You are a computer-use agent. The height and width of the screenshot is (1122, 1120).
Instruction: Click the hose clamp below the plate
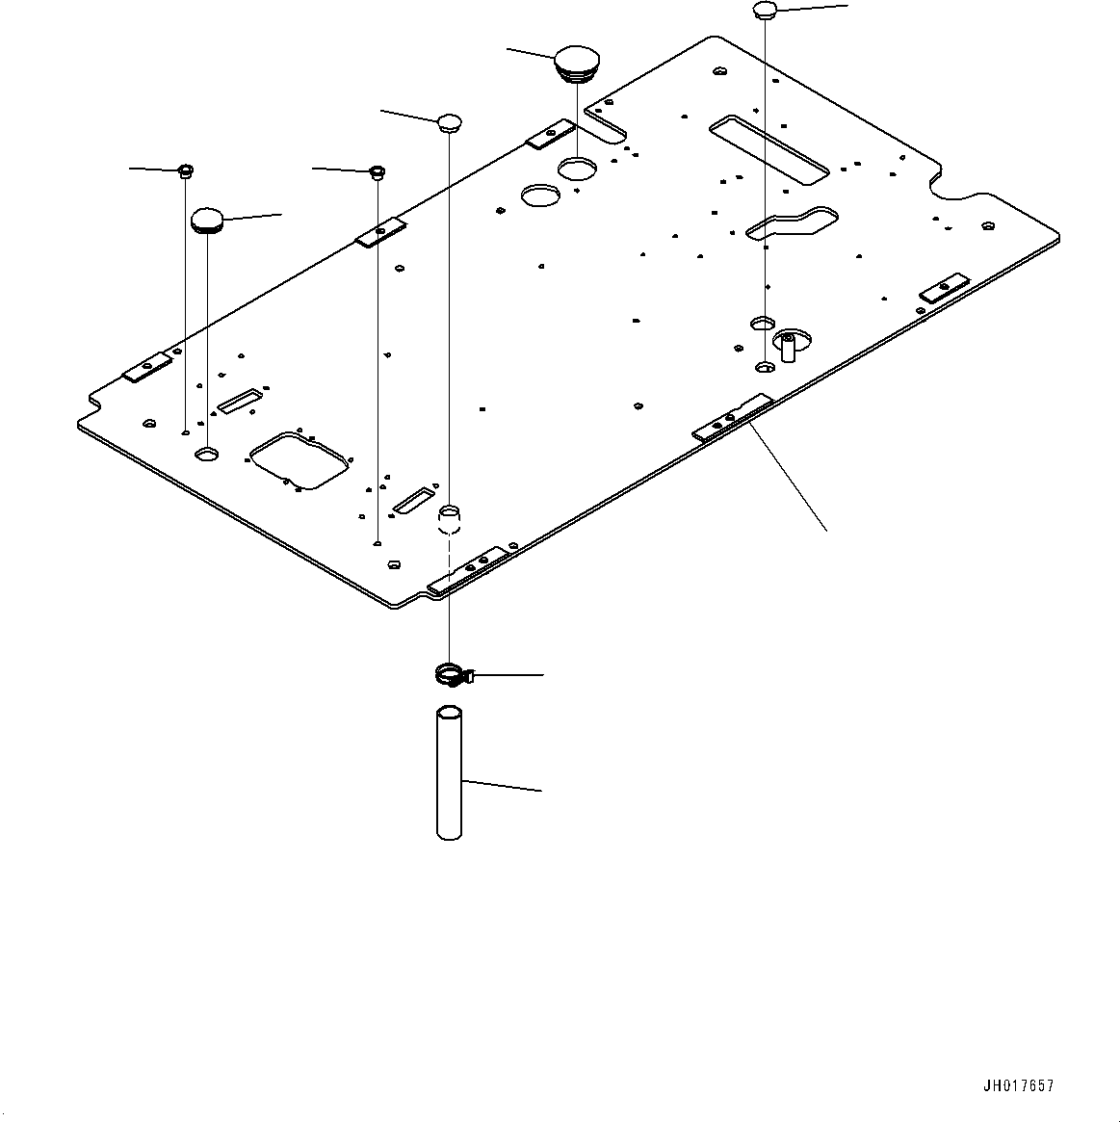coord(451,676)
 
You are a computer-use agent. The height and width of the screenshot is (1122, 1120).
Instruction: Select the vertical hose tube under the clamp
coord(449,774)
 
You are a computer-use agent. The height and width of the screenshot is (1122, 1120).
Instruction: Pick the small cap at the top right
coord(765,11)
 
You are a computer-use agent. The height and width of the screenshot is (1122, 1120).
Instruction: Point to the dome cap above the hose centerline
coord(450,121)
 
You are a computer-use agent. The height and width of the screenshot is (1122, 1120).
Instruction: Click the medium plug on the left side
coord(207,220)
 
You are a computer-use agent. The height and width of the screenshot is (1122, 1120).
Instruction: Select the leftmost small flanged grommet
coord(185,172)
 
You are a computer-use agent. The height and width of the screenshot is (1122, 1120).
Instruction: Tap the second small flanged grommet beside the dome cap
coord(378,172)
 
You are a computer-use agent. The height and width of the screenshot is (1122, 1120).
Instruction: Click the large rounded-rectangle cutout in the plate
coord(300,459)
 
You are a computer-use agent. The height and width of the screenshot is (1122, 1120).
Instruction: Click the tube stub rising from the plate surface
coord(450,520)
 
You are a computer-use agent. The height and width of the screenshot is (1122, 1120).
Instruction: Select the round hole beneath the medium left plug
coord(207,453)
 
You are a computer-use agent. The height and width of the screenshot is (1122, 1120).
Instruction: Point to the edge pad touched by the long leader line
coord(733,417)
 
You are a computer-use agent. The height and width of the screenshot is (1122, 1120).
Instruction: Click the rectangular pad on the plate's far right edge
coord(943,289)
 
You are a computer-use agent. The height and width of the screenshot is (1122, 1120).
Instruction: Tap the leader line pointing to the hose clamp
coord(510,676)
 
